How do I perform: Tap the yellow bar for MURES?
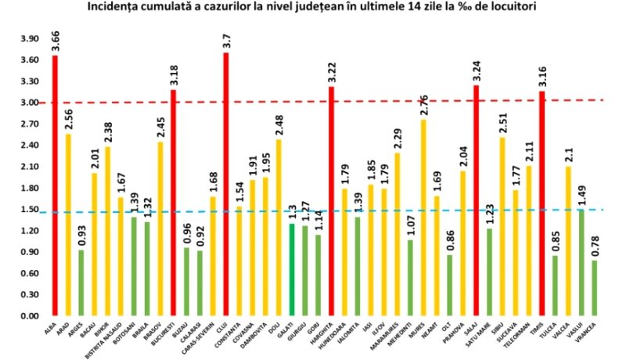point(424,219)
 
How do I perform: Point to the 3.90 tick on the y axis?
point(29,39)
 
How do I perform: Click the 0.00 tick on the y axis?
point(29,316)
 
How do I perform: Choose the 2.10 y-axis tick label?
point(29,167)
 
